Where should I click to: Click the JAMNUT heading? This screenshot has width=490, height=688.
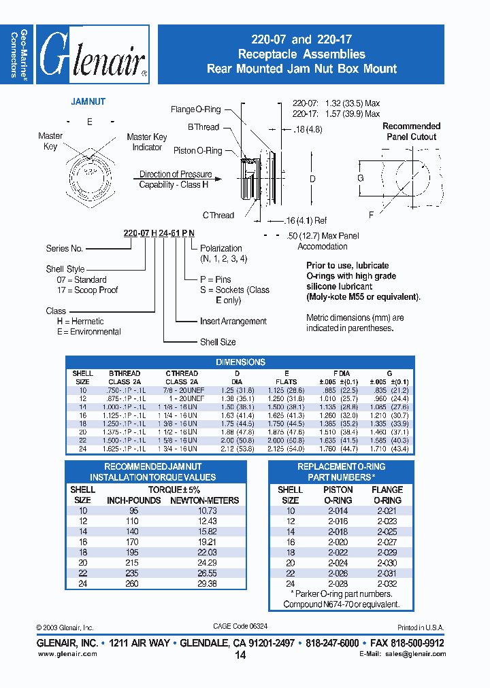pos(88,101)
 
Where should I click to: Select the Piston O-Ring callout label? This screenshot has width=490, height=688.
pos(197,151)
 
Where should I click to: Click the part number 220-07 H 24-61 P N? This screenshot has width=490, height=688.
pos(159,233)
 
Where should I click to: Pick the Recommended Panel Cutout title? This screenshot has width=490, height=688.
pos(411,131)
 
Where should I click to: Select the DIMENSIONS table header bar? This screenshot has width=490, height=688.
pos(240,362)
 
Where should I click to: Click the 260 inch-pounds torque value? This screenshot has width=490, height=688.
pos(133,584)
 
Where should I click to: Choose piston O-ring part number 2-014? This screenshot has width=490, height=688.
pos(338,511)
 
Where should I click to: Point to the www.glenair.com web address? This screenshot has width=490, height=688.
pos(67,654)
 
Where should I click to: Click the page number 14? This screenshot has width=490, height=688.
pos(240,655)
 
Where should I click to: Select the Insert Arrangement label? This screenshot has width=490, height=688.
pos(233,322)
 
